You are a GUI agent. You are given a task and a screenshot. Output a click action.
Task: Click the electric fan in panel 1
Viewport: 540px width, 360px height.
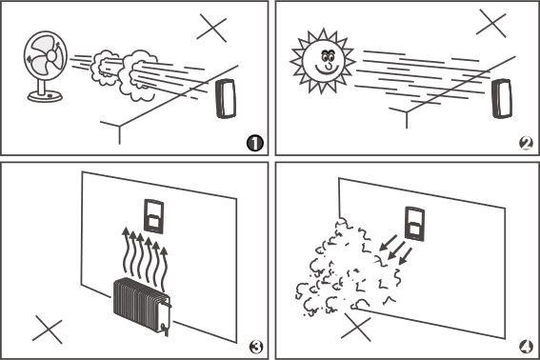coord(46,67)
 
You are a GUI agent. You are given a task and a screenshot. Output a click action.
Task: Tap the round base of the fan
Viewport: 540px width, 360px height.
coord(45,96)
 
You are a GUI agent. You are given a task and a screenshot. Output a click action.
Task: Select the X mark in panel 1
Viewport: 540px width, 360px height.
coord(211,28)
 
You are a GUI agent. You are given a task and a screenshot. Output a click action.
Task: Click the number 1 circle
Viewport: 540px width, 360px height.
coord(255,143)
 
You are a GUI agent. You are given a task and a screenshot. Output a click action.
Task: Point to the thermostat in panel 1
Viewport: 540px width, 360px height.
coord(226,99)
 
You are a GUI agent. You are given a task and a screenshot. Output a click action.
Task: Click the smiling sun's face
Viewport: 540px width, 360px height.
coord(324,61)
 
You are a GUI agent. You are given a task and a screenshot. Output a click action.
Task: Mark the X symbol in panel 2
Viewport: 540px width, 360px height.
coord(491,23)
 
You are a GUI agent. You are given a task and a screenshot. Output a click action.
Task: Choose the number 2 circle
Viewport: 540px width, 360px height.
coord(526,143)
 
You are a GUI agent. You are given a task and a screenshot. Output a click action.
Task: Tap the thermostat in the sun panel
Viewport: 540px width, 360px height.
coord(502,98)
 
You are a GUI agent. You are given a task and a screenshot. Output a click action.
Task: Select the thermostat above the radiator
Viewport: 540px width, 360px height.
coord(153,216)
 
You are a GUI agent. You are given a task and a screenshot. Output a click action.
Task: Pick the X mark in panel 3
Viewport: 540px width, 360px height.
coord(48,330)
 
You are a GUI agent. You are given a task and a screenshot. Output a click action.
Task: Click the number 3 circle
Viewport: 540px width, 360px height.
coord(256,347)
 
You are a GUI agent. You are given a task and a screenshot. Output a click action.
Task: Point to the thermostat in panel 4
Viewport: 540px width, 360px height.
coord(415,223)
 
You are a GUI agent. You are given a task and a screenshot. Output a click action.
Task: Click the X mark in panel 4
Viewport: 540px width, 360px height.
coord(356,328)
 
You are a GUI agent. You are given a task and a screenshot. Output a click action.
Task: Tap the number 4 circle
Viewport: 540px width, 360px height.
coord(526,347)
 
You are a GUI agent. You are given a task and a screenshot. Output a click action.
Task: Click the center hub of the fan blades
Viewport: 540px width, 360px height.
coord(51,56)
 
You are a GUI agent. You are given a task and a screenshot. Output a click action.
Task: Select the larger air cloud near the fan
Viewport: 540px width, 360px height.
coord(138,76)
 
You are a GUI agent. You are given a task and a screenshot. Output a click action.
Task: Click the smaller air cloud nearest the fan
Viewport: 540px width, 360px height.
coord(104,68)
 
